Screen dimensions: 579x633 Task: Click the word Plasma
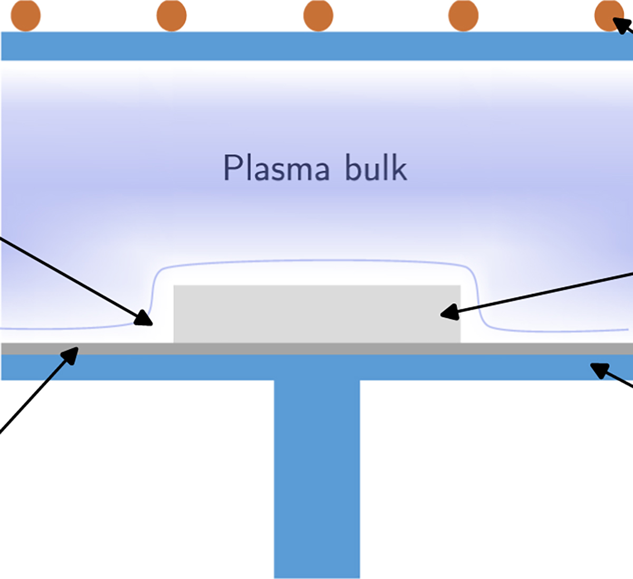pyautogui.click(x=276, y=169)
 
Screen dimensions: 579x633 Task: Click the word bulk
pyautogui.click(x=376, y=168)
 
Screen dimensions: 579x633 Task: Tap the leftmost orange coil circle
pyautogui.click(x=25, y=15)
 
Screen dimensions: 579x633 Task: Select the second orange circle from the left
pyautogui.click(x=171, y=15)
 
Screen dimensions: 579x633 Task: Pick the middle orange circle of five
pyautogui.click(x=318, y=15)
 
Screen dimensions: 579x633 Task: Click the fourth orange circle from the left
pyautogui.click(x=463, y=15)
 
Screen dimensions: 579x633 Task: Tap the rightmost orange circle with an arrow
pyautogui.click(x=608, y=15)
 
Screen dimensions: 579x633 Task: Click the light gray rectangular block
pyautogui.click(x=316, y=314)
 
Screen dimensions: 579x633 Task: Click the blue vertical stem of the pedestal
pyautogui.click(x=316, y=475)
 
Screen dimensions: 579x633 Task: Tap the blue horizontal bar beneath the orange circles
pyautogui.click(x=316, y=46)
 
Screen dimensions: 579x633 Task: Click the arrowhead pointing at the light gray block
pyautogui.click(x=448, y=313)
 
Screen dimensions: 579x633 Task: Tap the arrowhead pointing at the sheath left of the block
pyautogui.click(x=144, y=318)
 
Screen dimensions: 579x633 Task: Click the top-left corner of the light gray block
pyautogui.click(x=174, y=286)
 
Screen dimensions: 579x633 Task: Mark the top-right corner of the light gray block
pyautogui.click(x=460, y=286)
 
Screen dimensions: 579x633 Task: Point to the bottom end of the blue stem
pyautogui.click(x=316, y=576)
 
